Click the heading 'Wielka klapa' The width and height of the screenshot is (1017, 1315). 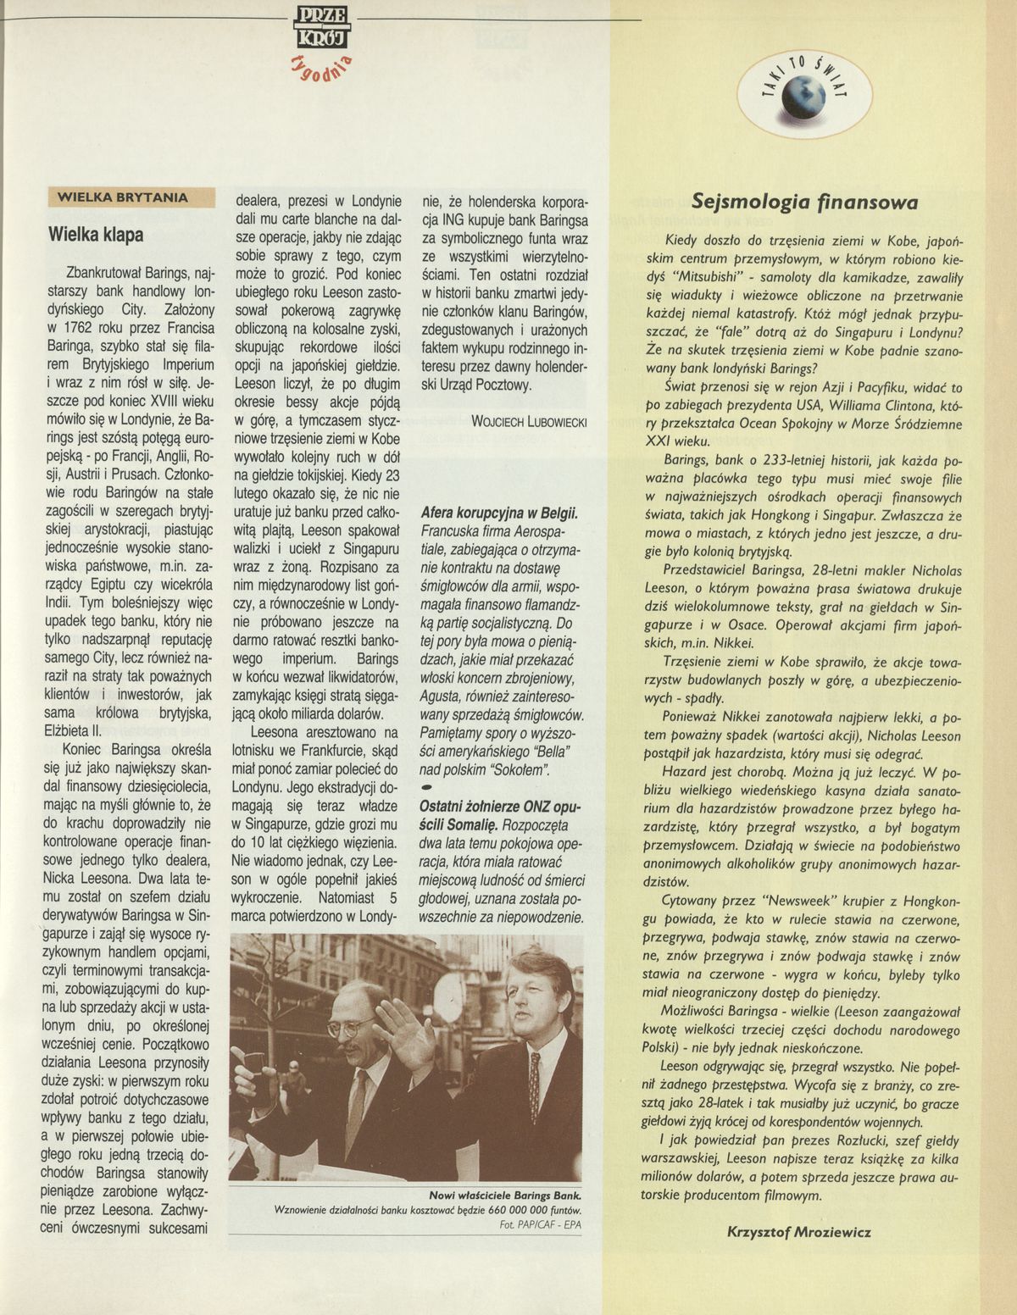click(96, 234)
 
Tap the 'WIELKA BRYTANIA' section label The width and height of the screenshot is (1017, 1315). click(122, 197)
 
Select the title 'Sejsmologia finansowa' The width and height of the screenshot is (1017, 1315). click(804, 203)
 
